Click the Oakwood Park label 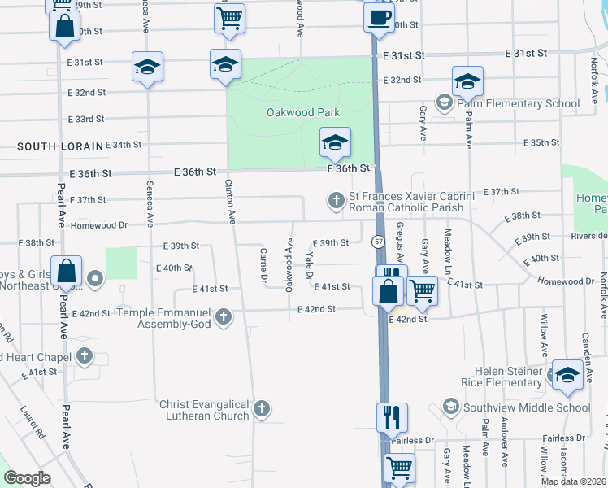click(x=302, y=112)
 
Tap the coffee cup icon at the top click(x=379, y=18)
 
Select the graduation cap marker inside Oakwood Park click(x=335, y=144)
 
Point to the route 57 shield click(x=379, y=242)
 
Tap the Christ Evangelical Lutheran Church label click(x=203, y=410)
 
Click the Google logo click(x=27, y=478)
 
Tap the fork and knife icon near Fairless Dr click(x=392, y=418)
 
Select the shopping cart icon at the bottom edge click(x=399, y=468)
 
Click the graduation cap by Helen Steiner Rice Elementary click(x=567, y=375)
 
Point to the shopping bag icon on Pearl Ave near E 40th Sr click(x=66, y=272)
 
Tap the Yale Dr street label click(x=309, y=264)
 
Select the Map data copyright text click(x=571, y=481)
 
